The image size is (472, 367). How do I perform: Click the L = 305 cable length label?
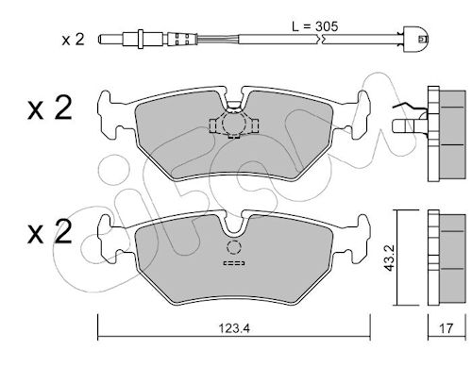pyautogui.click(x=315, y=26)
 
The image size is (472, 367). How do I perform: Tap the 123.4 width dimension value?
pyautogui.click(x=234, y=328)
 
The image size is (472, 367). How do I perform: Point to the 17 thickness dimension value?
pyautogui.click(x=446, y=328)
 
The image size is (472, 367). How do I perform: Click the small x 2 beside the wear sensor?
pyautogui.click(x=73, y=40)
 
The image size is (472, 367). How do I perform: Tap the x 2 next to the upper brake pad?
pyautogui.click(x=50, y=108)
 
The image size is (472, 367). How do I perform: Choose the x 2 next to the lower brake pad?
pyautogui.click(x=50, y=232)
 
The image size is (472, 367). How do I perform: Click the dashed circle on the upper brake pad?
pyautogui.click(x=234, y=123)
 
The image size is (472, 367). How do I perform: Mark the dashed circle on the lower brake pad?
pyautogui.click(x=234, y=247)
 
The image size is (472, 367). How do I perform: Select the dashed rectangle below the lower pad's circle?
pyautogui.click(x=234, y=263)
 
